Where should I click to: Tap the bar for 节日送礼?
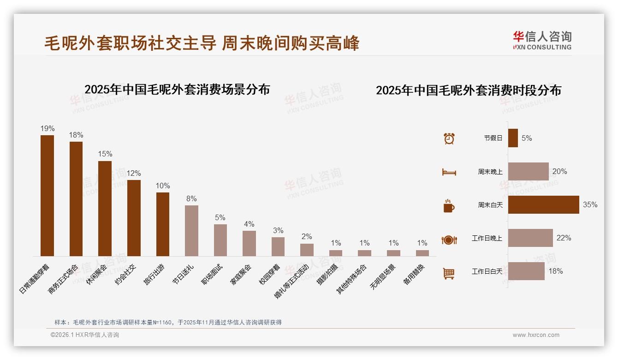click(191, 230)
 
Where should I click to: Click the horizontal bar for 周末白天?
click(543, 204)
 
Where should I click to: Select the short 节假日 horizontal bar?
click(513, 138)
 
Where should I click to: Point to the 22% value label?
click(564, 238)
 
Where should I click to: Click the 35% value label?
click(590, 204)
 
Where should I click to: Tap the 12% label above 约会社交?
click(134, 173)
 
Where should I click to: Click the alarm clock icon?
click(449, 138)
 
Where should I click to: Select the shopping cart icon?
click(449, 273)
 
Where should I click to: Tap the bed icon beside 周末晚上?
click(449, 172)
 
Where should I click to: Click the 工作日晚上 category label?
click(487, 238)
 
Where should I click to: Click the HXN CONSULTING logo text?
click(542, 47)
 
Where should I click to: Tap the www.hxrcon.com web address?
click(536, 335)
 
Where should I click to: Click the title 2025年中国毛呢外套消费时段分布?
click(468, 90)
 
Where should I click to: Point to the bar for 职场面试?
click(220, 240)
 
